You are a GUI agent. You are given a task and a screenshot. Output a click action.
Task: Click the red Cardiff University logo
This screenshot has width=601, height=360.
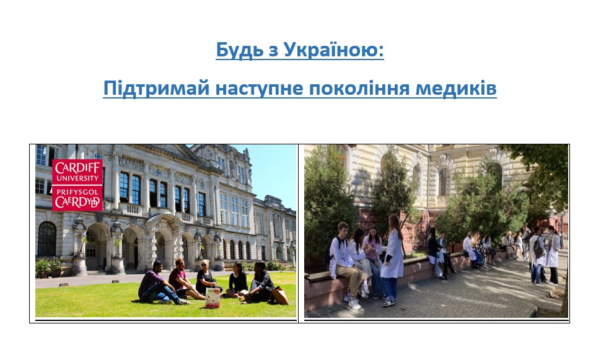point(77,185)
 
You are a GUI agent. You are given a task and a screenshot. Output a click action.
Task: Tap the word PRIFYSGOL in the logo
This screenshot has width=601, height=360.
point(77,191)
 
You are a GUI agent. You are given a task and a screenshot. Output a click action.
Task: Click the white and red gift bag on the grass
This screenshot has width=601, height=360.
point(213,298)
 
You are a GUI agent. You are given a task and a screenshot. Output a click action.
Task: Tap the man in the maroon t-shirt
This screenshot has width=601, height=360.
point(183,279)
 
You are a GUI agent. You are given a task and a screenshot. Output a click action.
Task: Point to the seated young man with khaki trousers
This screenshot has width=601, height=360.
point(346,265)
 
